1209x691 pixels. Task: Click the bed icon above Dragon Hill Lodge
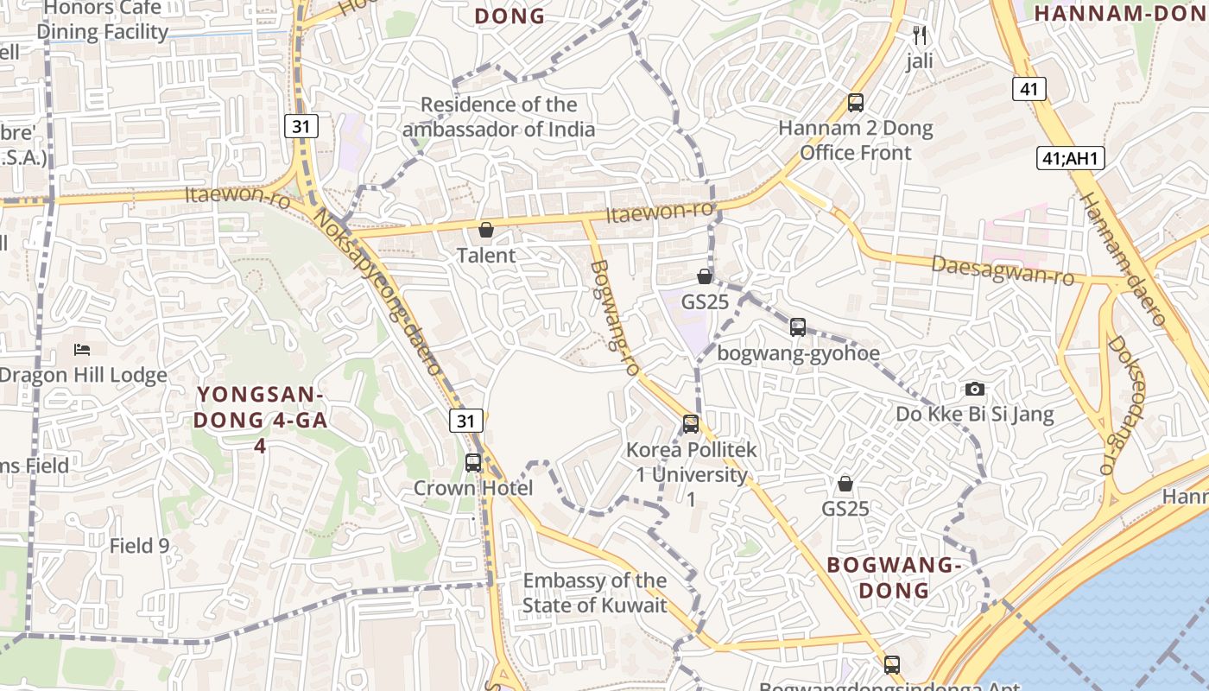[82, 350]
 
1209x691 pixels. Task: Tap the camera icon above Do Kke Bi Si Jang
[975, 389]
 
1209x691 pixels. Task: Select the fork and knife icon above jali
[920, 35]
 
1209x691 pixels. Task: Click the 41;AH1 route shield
[1070, 158]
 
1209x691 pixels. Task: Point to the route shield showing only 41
[1029, 88]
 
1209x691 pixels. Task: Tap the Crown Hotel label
[473, 488]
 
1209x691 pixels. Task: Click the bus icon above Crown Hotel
[473, 462]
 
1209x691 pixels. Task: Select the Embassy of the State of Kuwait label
[595, 593]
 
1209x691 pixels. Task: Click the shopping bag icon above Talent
[486, 230]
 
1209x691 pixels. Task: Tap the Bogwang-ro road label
[614, 317]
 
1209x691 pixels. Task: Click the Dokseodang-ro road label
[1121, 404]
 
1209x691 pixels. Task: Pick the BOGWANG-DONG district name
[894, 578]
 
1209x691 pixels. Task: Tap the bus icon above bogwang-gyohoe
[798, 327]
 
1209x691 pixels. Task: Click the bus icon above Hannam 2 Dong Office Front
[856, 103]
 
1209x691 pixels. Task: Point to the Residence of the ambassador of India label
[499, 117]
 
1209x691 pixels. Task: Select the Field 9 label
[139, 546]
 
